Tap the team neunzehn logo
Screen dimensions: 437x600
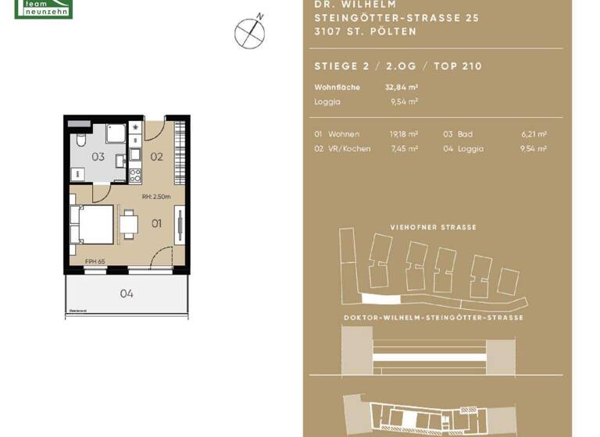(44, 9)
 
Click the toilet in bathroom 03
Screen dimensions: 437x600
(81, 140)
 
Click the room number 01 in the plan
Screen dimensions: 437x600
(156, 224)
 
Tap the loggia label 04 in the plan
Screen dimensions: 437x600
(127, 293)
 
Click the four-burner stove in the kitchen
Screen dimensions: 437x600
(135, 175)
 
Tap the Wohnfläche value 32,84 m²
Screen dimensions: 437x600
(401, 87)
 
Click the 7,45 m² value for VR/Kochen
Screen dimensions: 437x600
(404, 148)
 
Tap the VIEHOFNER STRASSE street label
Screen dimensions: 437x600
(433, 227)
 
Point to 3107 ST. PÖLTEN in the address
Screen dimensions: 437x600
(365, 32)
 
